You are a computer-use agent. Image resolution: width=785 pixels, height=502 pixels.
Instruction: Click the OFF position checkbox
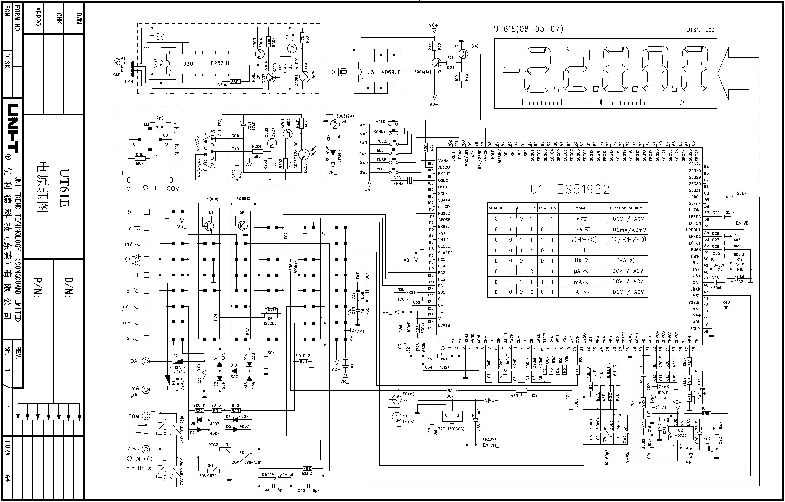tap(147, 212)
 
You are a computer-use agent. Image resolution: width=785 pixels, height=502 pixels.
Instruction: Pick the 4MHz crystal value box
tap(398, 184)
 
